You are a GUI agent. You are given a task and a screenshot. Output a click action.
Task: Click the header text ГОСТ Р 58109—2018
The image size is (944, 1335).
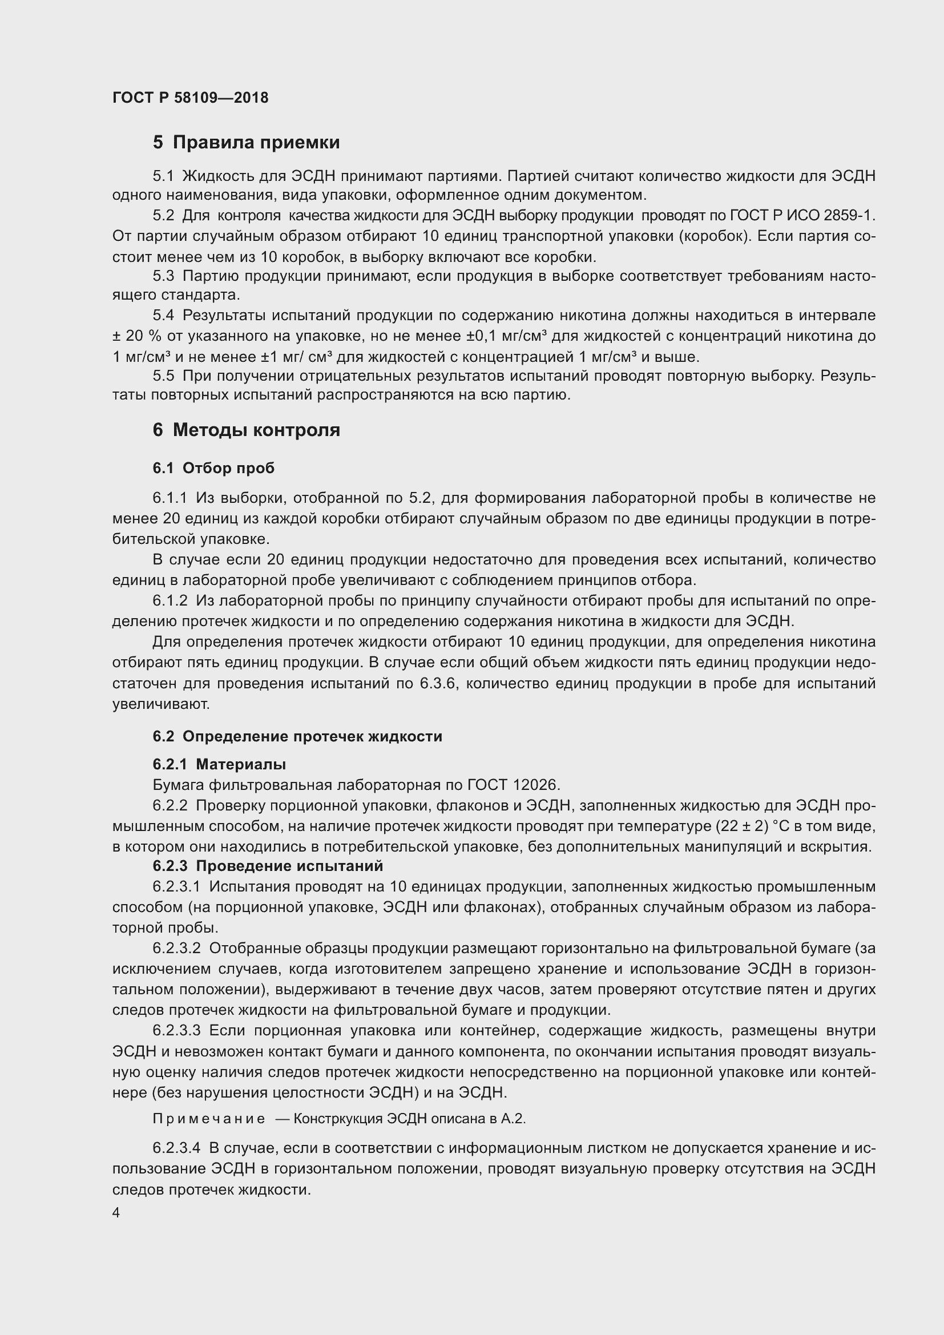point(190,98)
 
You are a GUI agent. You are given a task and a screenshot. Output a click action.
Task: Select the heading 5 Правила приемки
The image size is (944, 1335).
point(246,143)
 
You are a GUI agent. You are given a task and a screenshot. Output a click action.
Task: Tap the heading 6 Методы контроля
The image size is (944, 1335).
point(246,430)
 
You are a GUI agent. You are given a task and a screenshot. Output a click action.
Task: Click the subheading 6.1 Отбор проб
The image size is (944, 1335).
point(213,468)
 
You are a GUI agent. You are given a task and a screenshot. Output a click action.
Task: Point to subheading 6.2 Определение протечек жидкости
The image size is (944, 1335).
point(297,736)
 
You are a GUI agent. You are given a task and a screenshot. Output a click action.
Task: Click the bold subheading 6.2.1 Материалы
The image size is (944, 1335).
point(219,764)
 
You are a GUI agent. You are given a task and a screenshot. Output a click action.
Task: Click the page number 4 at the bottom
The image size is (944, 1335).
point(116,1213)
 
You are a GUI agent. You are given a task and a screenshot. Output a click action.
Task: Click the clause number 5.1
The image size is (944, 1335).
point(163,176)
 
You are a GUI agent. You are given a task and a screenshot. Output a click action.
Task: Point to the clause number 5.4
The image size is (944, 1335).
point(163,316)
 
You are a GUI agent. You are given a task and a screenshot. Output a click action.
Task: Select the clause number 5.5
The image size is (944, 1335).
point(163,376)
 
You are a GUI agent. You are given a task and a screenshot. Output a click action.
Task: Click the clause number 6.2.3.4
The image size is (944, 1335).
point(176,1148)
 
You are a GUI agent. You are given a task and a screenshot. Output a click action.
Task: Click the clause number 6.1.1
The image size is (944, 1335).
point(170,498)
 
